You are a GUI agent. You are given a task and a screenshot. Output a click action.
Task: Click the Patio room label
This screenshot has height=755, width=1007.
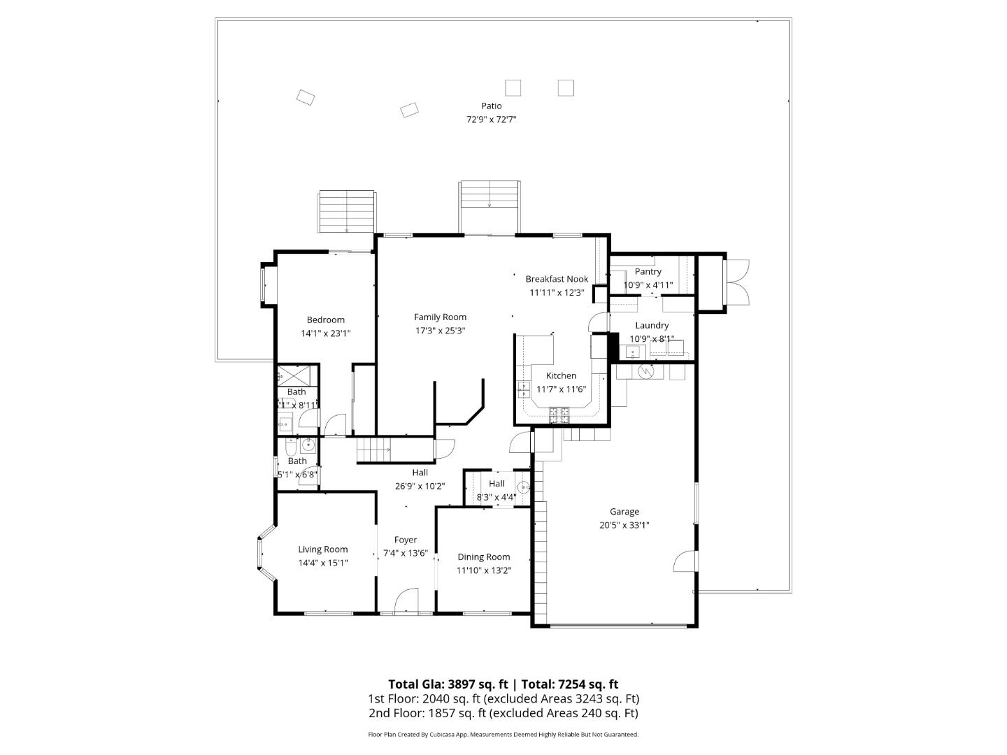pyautogui.click(x=491, y=106)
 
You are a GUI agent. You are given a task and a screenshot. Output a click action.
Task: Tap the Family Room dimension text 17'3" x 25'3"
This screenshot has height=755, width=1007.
pyautogui.click(x=440, y=331)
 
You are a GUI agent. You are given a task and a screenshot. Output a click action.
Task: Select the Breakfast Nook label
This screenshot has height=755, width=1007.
pyautogui.click(x=557, y=279)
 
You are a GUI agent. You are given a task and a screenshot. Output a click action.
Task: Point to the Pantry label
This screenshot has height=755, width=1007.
pyautogui.click(x=648, y=272)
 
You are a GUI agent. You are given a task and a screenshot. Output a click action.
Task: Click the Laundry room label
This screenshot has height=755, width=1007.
pyautogui.click(x=652, y=326)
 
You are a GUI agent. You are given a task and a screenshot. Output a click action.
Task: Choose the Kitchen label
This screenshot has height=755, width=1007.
pyautogui.click(x=561, y=376)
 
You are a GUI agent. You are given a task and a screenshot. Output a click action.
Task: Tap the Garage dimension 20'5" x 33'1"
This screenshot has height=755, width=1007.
pyautogui.click(x=624, y=526)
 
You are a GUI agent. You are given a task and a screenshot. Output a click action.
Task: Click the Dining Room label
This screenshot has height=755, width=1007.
pyautogui.click(x=483, y=557)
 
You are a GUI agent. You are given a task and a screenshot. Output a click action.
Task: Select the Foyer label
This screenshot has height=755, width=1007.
pyautogui.click(x=406, y=540)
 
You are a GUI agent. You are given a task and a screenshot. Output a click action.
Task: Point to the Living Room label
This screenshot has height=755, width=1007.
pyautogui.click(x=323, y=549)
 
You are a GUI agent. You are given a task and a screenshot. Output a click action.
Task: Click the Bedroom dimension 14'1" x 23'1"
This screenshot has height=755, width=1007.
pyautogui.click(x=326, y=334)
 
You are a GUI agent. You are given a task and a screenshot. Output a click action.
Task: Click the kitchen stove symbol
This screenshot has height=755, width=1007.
pyautogui.click(x=559, y=415)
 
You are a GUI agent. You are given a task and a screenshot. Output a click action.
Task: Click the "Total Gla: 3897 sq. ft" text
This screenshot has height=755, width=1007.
pyautogui.click(x=448, y=684)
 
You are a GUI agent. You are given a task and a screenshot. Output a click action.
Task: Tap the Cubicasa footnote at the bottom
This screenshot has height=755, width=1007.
pyautogui.click(x=503, y=735)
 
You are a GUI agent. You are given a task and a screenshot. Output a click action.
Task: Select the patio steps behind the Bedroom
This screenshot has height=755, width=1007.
pyautogui.click(x=347, y=212)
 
